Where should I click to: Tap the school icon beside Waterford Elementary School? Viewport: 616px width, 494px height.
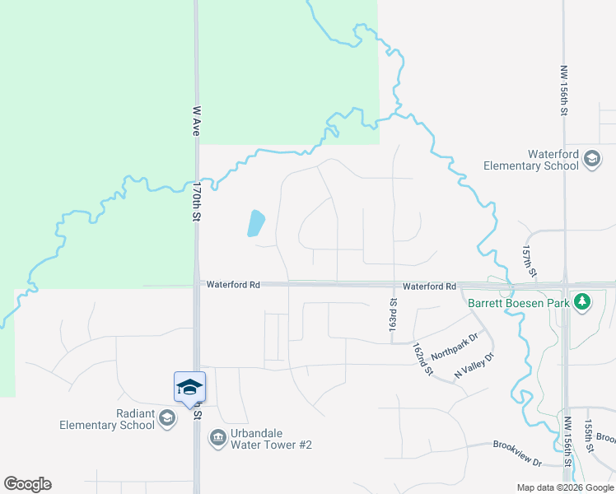(x=591, y=159)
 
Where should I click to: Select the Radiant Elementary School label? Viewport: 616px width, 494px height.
(x=107, y=420)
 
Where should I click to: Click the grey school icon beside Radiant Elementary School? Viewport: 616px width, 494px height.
(x=167, y=419)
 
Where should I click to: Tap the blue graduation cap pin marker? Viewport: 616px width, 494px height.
(x=189, y=387)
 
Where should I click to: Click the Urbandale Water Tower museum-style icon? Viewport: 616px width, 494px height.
(x=217, y=436)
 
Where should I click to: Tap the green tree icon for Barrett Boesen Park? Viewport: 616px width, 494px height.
(x=582, y=302)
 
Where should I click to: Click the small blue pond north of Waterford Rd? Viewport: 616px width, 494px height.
(x=257, y=223)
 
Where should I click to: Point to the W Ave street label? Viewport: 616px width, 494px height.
(x=196, y=119)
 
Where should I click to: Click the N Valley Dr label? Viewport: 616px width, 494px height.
(x=474, y=366)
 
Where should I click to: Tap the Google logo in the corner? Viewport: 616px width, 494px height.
(x=27, y=484)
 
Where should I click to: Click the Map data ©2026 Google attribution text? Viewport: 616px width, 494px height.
(x=564, y=487)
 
